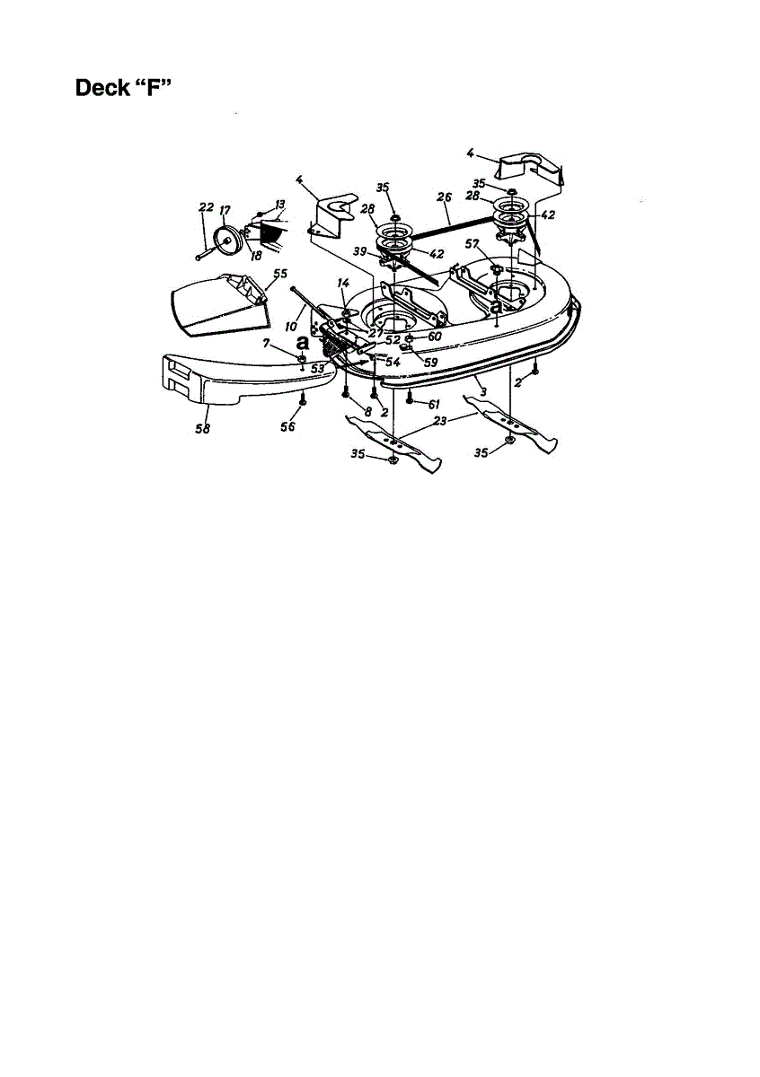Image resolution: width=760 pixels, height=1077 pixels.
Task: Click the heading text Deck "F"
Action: (129, 89)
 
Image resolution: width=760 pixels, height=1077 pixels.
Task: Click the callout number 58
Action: (202, 429)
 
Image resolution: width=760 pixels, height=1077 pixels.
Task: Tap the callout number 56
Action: (287, 427)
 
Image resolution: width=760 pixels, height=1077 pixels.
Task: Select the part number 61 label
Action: (433, 405)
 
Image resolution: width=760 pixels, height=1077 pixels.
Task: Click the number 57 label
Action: (471, 243)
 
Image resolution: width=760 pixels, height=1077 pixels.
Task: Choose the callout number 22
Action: (206, 207)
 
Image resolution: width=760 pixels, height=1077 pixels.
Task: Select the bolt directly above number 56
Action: (304, 395)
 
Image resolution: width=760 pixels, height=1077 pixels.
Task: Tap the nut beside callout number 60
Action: (409, 337)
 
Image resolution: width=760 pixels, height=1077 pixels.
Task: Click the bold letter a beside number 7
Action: (302, 343)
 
